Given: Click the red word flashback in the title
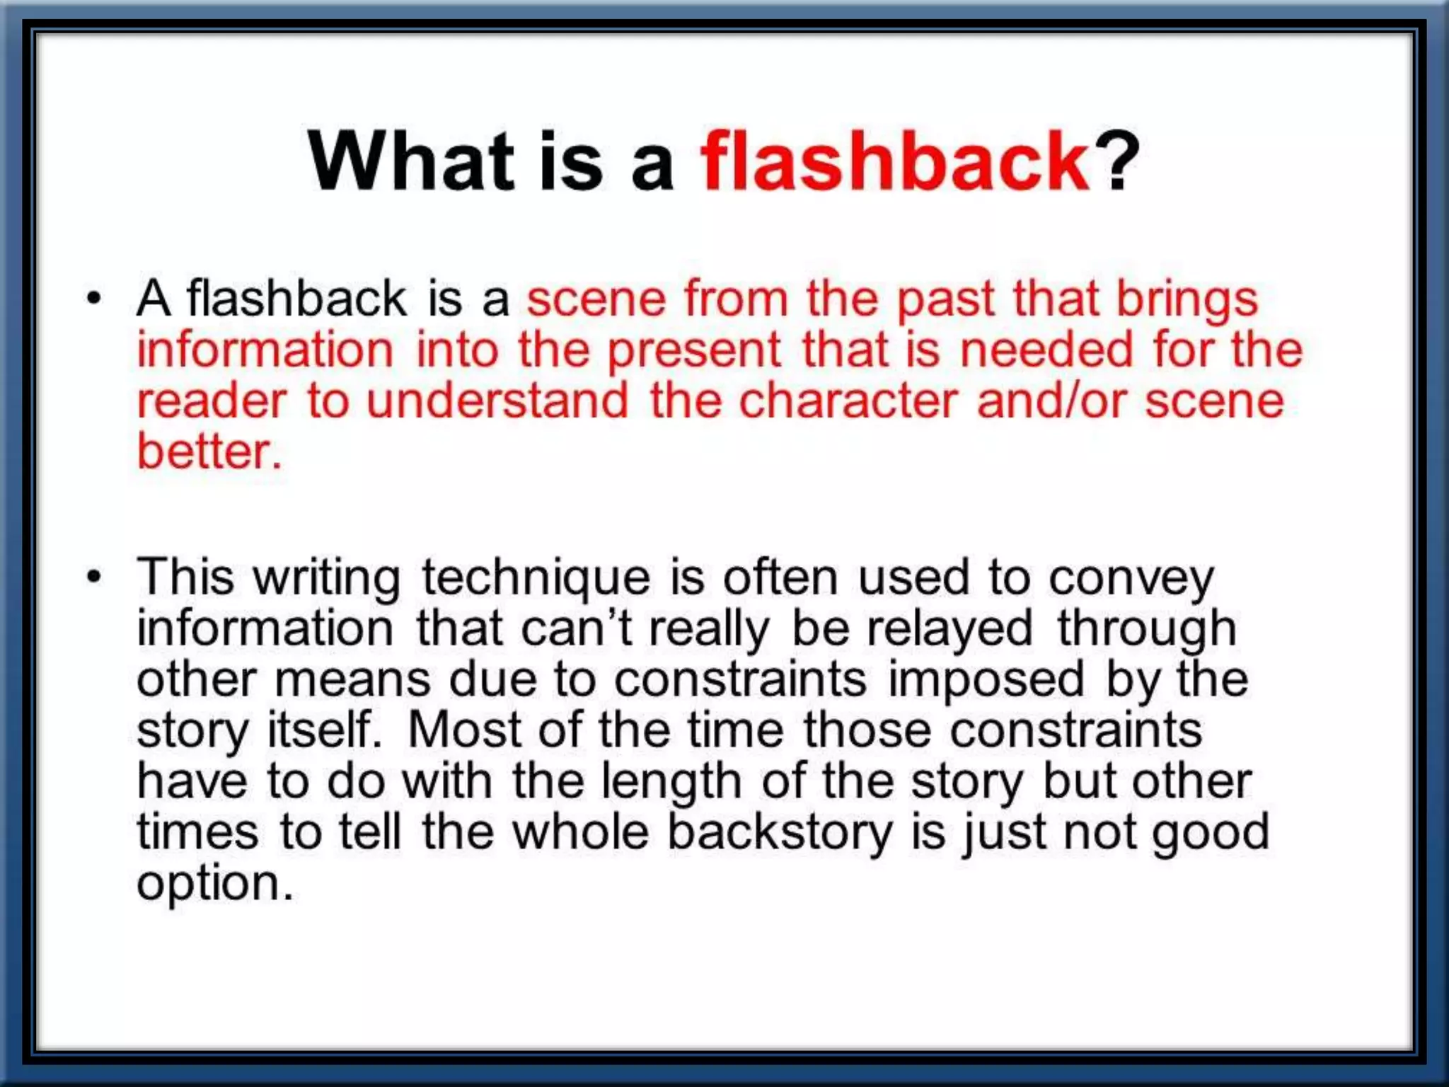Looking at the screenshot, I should coord(894,161).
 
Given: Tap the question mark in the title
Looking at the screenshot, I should coord(1116,161).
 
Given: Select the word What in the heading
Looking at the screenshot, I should coord(411,161).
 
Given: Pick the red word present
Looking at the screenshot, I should coord(694,351).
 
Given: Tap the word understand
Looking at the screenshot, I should coord(497,401).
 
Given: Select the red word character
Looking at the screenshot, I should coord(848,401).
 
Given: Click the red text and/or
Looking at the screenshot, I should coord(1051,401).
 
